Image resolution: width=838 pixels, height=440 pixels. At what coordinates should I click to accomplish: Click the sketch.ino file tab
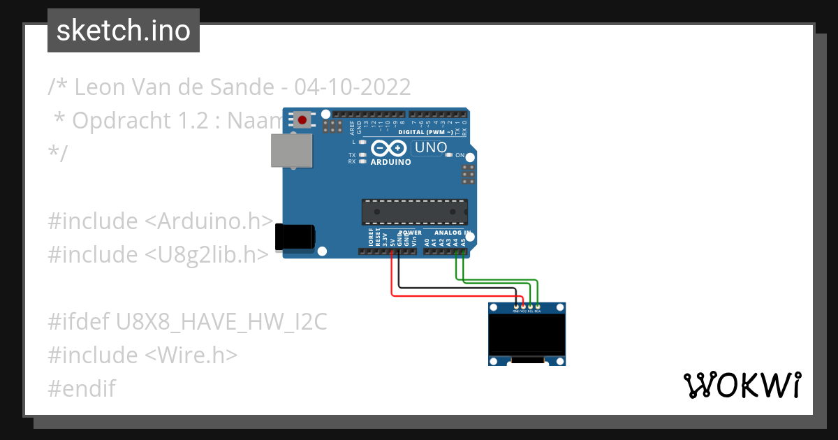pos(124,31)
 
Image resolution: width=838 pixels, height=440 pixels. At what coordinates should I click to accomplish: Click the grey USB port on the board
pos(292,151)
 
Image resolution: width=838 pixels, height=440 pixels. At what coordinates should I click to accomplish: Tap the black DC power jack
pos(295,237)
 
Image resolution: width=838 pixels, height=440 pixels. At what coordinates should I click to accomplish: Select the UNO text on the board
pos(430,147)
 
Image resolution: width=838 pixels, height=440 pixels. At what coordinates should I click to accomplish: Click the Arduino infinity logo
pos(389,148)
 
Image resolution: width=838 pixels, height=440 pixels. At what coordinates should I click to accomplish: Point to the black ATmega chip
pos(414,211)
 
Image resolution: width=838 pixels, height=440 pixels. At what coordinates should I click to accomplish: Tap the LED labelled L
pos(362,142)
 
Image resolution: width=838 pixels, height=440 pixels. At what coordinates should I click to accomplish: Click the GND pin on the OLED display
pos(516,307)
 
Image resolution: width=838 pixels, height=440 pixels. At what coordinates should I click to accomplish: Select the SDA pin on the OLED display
pos(538,307)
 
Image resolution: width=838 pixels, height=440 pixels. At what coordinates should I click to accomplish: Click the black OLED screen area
pos(526,333)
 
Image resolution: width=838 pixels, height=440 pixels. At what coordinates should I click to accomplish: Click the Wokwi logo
pos(742,385)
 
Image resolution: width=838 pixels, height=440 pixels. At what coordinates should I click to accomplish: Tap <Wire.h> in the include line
pos(191,355)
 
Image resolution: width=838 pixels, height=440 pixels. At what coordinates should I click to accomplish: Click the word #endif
pos(82,388)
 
